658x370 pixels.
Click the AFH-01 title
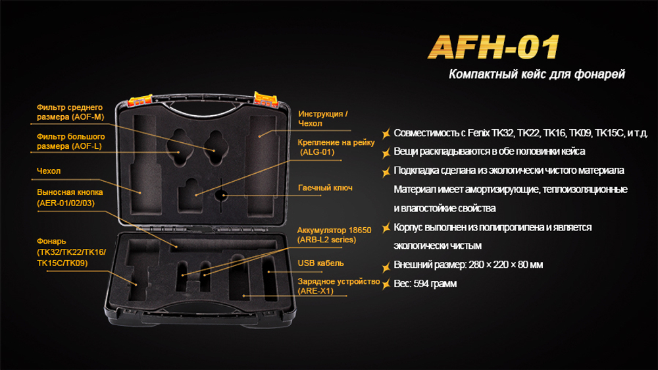(494, 48)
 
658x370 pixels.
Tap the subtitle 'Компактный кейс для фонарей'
(536, 74)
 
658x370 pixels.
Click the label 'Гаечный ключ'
(325, 188)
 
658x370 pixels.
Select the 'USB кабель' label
(320, 263)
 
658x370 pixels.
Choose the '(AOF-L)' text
(86, 145)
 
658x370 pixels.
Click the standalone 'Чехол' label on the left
(49, 172)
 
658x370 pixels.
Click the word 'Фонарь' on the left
(51, 241)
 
